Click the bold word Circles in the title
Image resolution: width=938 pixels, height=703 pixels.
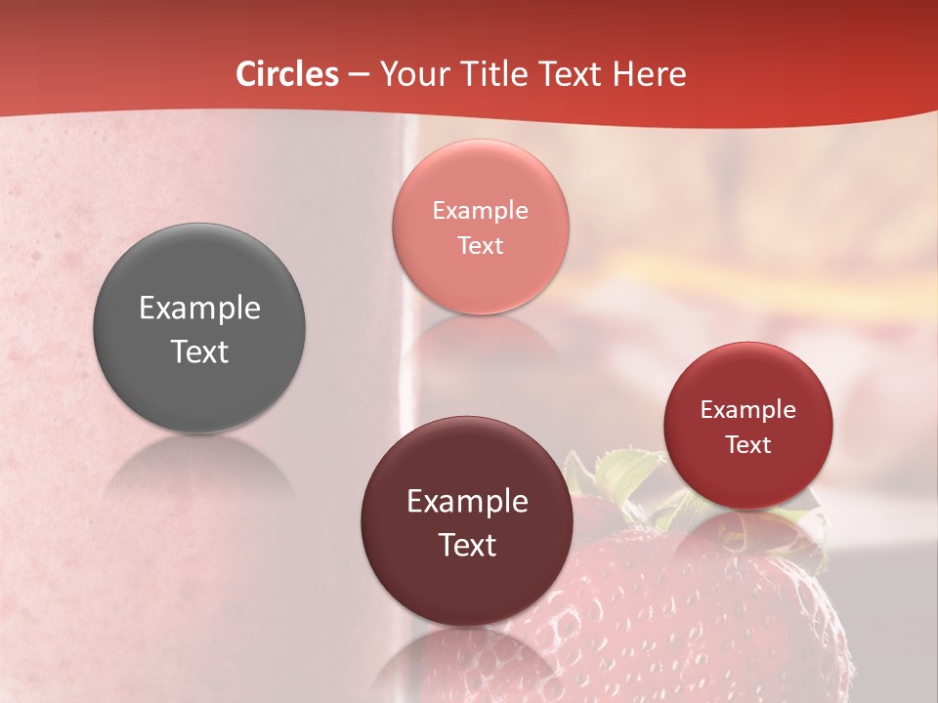pos(287,74)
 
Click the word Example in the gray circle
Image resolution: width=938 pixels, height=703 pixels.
pos(199,309)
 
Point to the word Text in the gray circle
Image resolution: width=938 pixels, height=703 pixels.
pos(199,352)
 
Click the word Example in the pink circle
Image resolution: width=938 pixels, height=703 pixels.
pos(481,211)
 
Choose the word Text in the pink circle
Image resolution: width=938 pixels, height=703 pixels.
pos(481,246)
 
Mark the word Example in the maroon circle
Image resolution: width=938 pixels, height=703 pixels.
pos(467,502)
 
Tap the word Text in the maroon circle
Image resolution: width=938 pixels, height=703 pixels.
pos(467,546)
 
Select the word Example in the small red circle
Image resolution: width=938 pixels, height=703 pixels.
pos(748,410)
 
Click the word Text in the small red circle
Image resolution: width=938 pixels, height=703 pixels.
pos(748,445)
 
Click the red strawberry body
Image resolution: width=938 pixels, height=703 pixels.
pos(664,615)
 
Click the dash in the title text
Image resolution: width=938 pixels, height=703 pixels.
pos(358,75)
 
